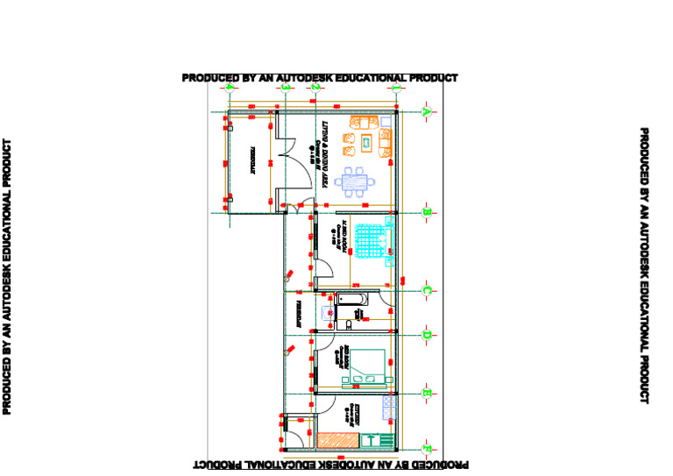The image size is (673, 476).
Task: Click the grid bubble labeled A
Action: click(426, 112)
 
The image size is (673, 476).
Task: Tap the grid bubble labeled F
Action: click(426, 451)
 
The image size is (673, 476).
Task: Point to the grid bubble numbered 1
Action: click(396, 88)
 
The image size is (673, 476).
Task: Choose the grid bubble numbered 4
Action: click(229, 88)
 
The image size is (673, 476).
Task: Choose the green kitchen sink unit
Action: click(374, 441)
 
